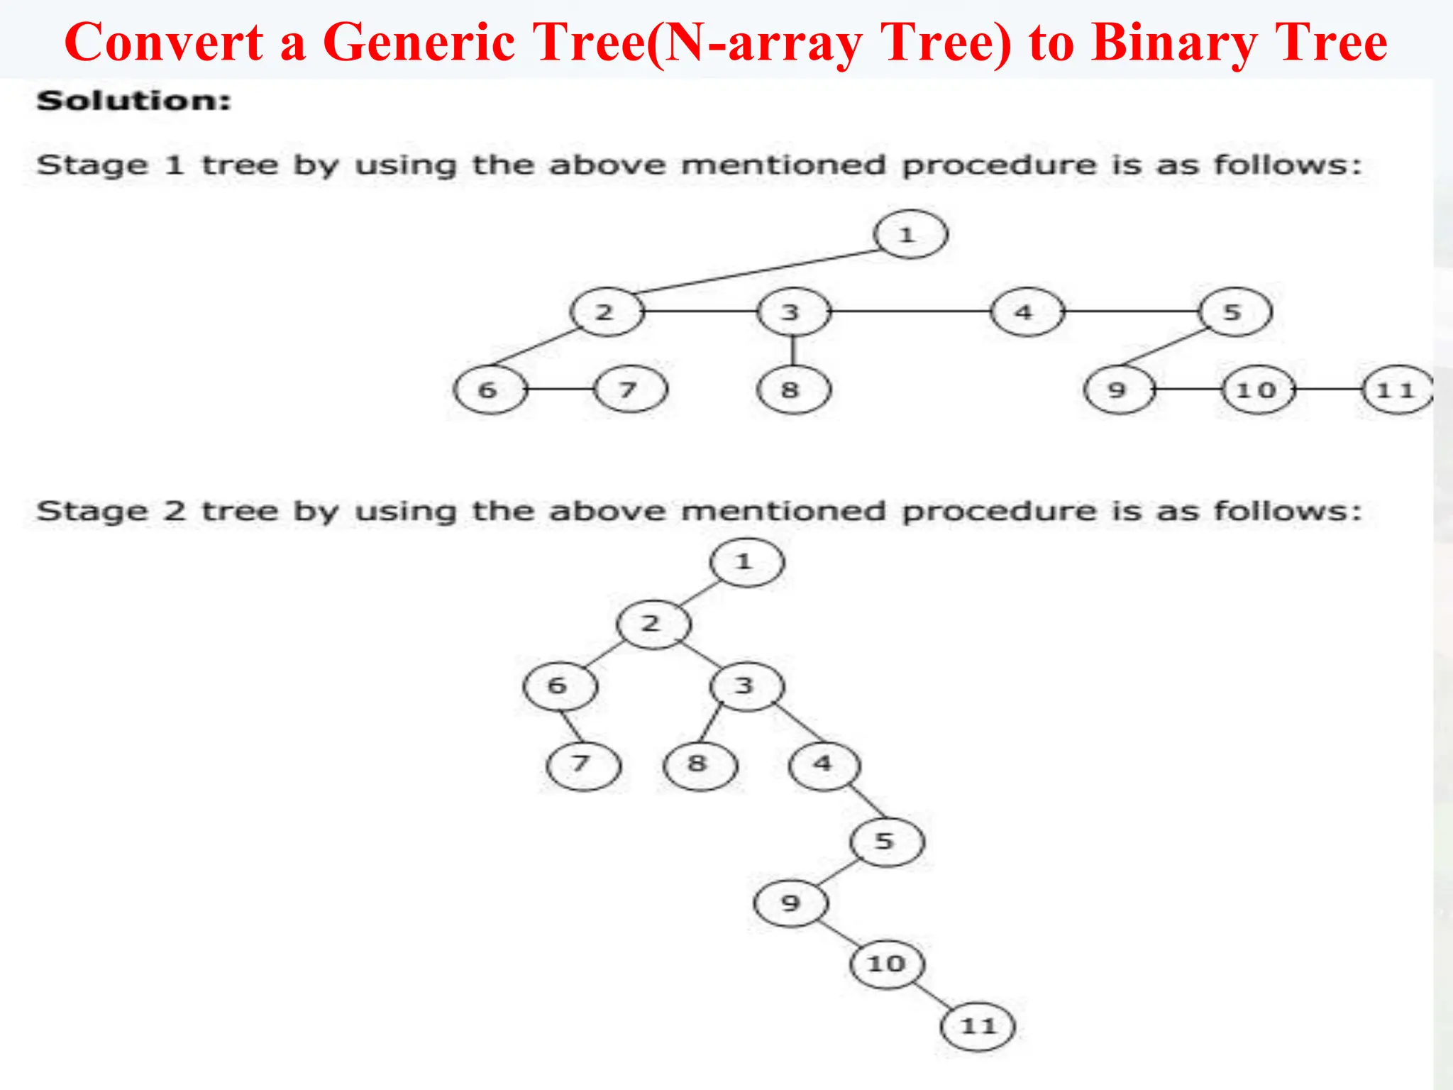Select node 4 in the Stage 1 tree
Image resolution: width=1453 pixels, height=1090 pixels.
click(x=1027, y=312)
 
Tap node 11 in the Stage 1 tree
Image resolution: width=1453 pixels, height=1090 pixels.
click(x=1396, y=390)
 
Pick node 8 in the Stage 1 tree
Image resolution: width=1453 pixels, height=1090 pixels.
click(x=793, y=390)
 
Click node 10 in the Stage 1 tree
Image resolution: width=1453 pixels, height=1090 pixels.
click(x=1259, y=390)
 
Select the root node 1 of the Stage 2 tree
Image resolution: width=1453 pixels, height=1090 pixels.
click(x=746, y=563)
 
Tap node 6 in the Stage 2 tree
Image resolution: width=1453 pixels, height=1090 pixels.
click(x=560, y=686)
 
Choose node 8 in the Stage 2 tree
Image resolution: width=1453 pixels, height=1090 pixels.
click(x=700, y=764)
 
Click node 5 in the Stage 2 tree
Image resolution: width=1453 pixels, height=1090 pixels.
click(x=886, y=842)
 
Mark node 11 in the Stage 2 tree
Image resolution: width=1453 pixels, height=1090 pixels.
click(x=978, y=1026)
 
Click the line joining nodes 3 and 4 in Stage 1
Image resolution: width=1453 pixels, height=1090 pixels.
click(x=910, y=312)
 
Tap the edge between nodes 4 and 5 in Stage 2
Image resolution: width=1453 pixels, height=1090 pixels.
click(x=867, y=802)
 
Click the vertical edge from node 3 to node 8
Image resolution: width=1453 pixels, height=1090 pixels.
click(x=793, y=351)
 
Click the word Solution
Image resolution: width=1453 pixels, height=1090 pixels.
click(x=134, y=101)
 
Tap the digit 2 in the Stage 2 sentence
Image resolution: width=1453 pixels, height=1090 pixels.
click(x=175, y=511)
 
